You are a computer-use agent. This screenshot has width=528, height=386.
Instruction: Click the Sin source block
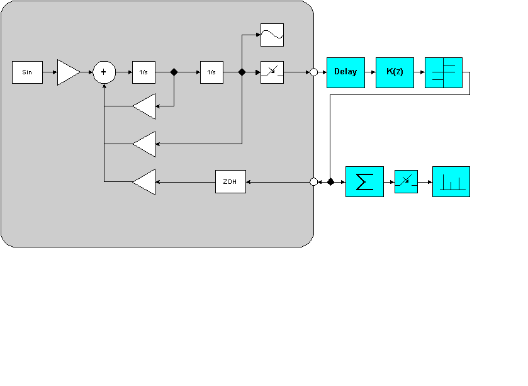pos(27,72)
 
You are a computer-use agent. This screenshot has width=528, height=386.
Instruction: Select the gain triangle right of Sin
pos(67,72)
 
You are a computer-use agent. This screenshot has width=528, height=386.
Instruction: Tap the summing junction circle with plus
pos(104,72)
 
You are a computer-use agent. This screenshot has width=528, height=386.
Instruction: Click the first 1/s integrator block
pos(143,72)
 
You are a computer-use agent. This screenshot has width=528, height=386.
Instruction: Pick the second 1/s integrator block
pos(211,72)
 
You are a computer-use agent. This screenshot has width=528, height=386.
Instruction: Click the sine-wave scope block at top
pos(272,35)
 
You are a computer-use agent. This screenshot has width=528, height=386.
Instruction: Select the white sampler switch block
pos(272,72)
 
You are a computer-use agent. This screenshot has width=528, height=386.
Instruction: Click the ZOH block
pos(230,182)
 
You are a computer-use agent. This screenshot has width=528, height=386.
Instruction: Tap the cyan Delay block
pos(345,72)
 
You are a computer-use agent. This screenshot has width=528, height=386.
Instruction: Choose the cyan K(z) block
pos(395,72)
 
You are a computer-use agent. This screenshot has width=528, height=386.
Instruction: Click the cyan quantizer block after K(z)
pos(444,72)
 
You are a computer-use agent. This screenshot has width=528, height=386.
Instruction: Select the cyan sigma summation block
pos(364,182)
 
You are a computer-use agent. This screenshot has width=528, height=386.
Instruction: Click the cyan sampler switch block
pos(406,182)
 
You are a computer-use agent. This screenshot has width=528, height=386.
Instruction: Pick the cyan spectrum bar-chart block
pos(451,182)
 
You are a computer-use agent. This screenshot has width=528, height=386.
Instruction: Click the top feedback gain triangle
pos(145,106)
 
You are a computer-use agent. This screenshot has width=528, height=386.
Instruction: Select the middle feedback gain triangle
pos(145,144)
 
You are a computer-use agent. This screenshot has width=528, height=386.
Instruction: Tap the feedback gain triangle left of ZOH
pos(145,182)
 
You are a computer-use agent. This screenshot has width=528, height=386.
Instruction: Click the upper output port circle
pos(313,72)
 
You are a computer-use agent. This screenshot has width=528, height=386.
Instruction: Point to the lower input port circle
pos(313,182)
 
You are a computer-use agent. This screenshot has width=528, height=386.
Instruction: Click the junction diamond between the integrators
pos(174,72)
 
